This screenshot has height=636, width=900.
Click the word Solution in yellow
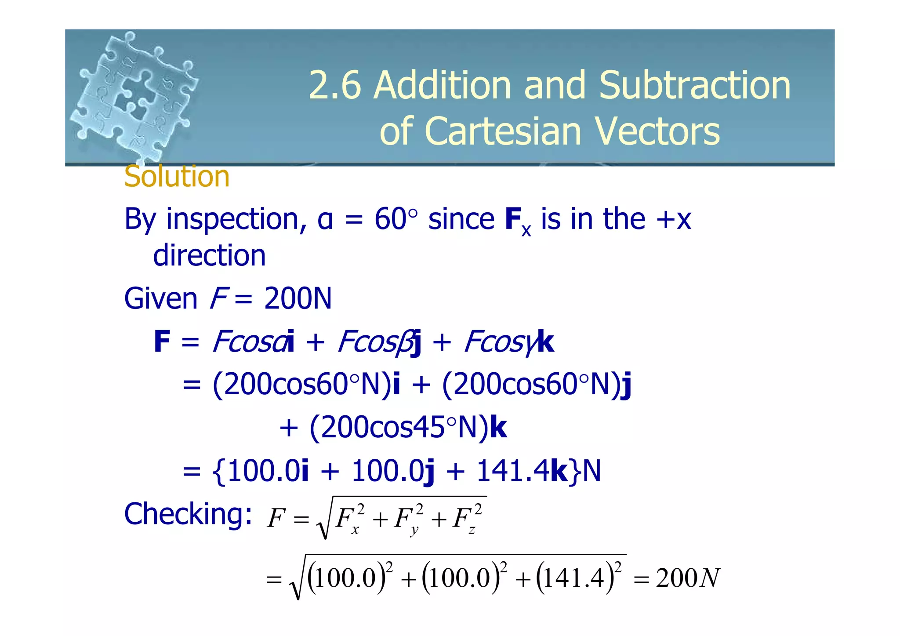177,177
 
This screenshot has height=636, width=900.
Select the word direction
209,255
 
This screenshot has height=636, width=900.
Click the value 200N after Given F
298,299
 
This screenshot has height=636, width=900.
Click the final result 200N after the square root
688,578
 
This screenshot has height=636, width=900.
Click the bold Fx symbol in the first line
518,221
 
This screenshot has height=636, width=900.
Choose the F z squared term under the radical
467,519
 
